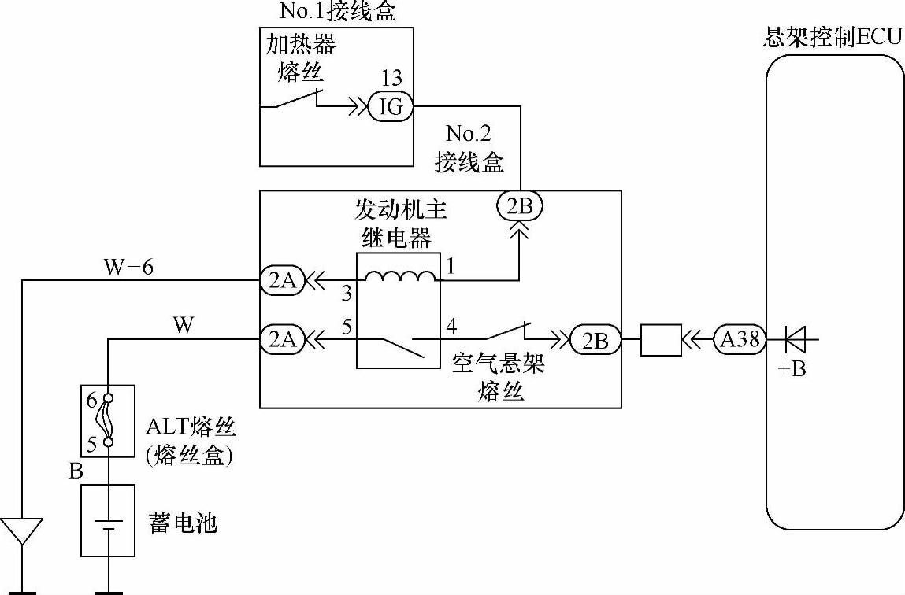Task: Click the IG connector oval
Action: (391, 106)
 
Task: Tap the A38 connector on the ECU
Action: (739, 340)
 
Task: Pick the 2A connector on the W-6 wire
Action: (282, 280)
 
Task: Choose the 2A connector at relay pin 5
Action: (282, 339)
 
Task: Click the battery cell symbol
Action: (108, 524)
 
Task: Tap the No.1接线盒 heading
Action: (337, 11)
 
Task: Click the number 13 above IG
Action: (391, 78)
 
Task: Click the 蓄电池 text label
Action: (183, 523)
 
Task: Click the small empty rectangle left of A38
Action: (661, 340)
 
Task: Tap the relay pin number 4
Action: (451, 324)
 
